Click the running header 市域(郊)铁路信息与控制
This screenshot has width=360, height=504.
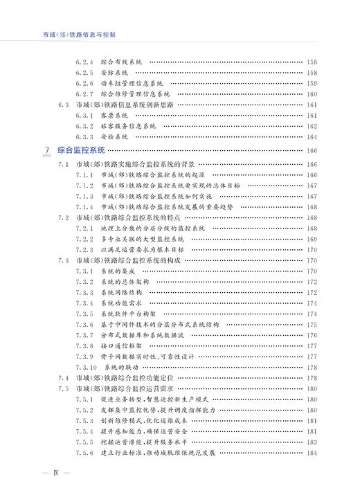[79, 33]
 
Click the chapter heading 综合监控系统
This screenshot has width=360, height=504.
[80, 150]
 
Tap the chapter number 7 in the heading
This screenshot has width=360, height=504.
[46, 150]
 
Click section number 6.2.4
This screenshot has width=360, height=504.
[84, 62]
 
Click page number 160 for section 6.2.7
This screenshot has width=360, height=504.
[312, 94]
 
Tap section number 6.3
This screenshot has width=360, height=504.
[64, 105]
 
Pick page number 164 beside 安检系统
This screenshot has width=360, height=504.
[312, 137]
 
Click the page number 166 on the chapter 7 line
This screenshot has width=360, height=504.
[312, 150]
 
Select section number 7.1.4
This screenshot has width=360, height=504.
[84, 207]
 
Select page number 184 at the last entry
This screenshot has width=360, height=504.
[312, 453]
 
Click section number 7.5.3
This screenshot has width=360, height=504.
[84, 421]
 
